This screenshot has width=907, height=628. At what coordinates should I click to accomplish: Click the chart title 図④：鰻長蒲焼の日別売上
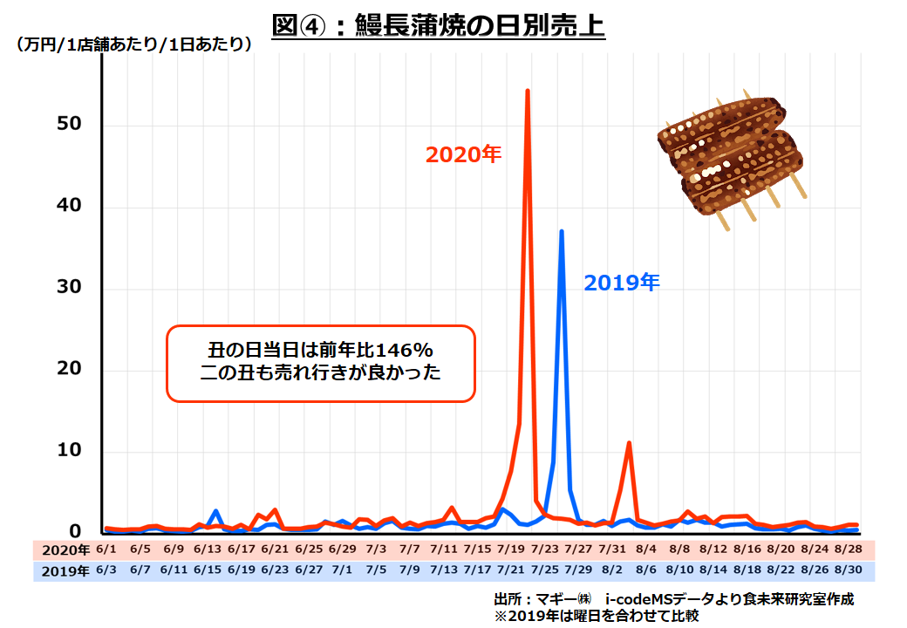pyautogui.click(x=439, y=25)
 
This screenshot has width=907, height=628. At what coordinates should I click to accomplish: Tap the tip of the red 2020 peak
pyautogui.click(x=528, y=91)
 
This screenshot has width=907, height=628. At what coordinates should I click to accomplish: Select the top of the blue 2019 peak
pyautogui.click(x=562, y=231)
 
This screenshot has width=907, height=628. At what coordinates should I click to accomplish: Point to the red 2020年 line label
pyautogui.click(x=463, y=154)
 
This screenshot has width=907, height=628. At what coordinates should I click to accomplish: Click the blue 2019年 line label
pyautogui.click(x=622, y=282)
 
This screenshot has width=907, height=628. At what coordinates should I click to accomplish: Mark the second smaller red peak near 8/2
pyautogui.click(x=628, y=443)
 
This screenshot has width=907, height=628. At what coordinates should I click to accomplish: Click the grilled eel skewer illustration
pyautogui.click(x=729, y=157)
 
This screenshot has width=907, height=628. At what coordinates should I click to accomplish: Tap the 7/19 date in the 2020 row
pyautogui.click(x=511, y=549)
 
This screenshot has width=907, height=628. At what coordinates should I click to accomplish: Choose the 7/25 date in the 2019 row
pyautogui.click(x=544, y=570)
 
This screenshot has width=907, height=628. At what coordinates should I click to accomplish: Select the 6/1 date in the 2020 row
pyautogui.click(x=106, y=549)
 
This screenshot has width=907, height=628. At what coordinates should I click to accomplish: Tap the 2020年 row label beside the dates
pyautogui.click(x=65, y=550)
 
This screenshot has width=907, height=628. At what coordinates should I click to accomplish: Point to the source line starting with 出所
pyautogui.click(x=672, y=599)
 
